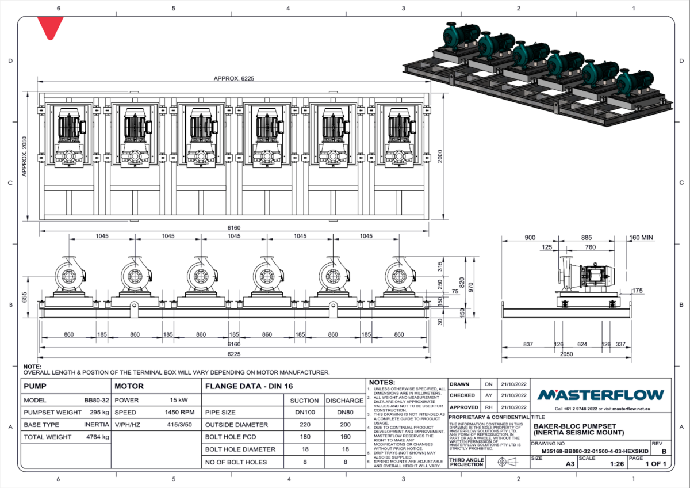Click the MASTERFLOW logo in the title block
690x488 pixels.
[600, 395]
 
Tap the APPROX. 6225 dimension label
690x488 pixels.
[233, 79]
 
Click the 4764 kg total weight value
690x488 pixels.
[95, 437]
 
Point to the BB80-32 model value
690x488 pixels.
[95, 400]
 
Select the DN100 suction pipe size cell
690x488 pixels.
[304, 413]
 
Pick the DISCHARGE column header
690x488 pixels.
[344, 401]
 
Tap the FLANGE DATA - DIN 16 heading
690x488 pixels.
[244, 386]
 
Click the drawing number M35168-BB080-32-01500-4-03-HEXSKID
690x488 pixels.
[591, 452]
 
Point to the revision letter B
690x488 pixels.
[664, 452]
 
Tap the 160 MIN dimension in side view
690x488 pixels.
[642, 238]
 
